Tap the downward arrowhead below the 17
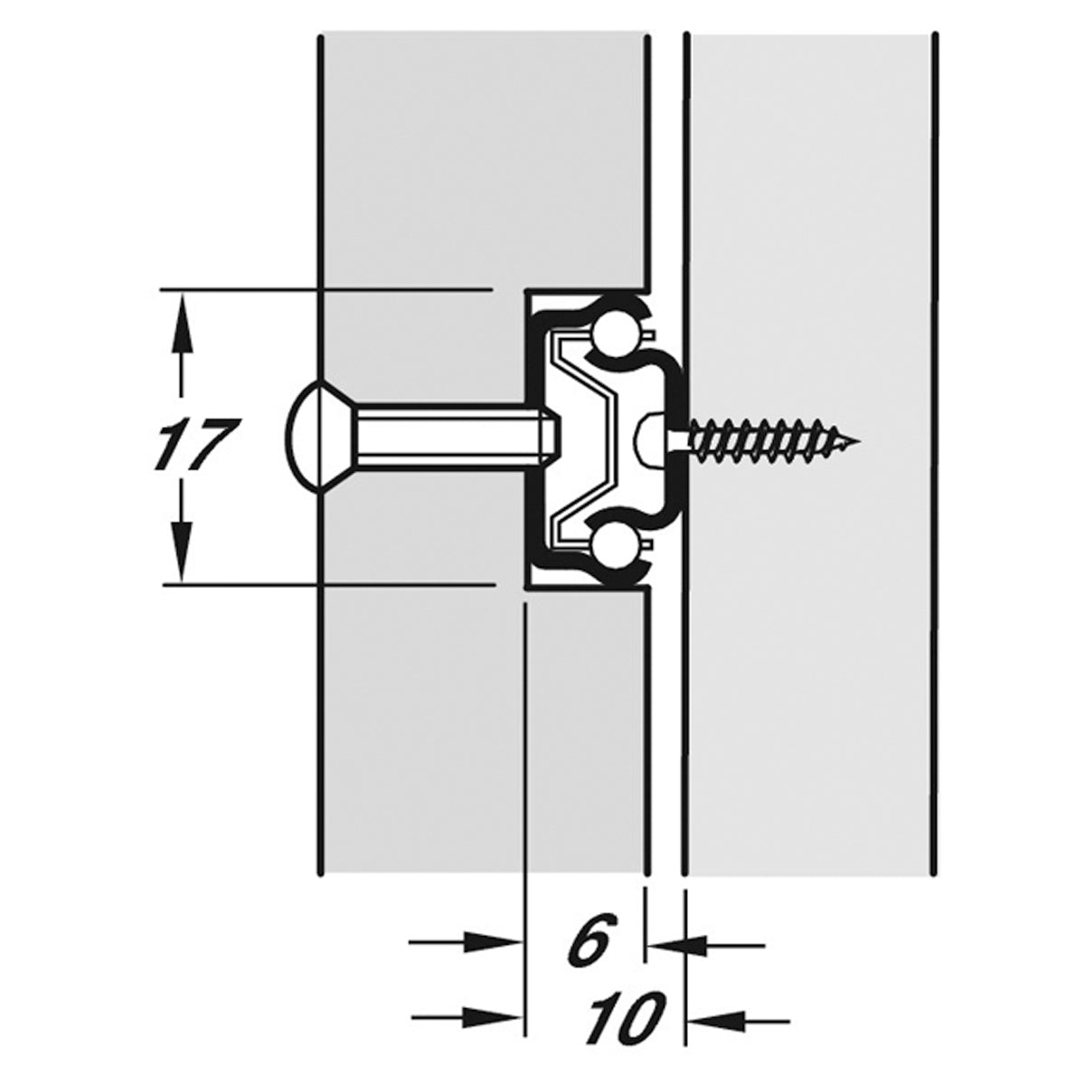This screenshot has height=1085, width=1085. coord(181,551)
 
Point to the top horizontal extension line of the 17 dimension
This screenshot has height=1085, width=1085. coord(325,289)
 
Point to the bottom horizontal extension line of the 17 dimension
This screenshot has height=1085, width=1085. coord(328,585)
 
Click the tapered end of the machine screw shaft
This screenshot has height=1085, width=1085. coord(552,438)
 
